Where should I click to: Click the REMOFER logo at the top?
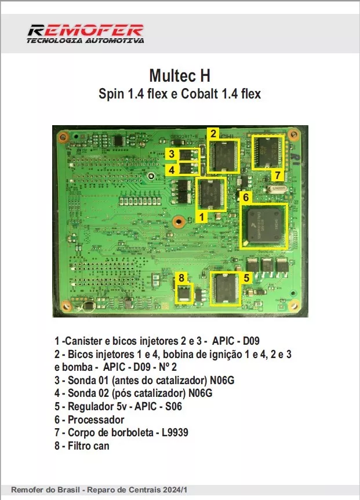click(85, 33)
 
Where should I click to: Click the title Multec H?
click(179, 75)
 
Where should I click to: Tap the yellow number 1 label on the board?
click(201, 216)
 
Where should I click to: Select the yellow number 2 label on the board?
click(213, 133)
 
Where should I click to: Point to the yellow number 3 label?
click(171, 154)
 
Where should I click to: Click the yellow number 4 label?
click(171, 169)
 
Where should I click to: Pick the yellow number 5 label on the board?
click(246, 277)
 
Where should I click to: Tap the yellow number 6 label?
click(246, 197)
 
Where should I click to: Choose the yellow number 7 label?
click(278, 174)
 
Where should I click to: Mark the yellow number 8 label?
click(182, 278)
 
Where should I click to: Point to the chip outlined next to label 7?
click(270, 151)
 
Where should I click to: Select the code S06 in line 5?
click(173, 407)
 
